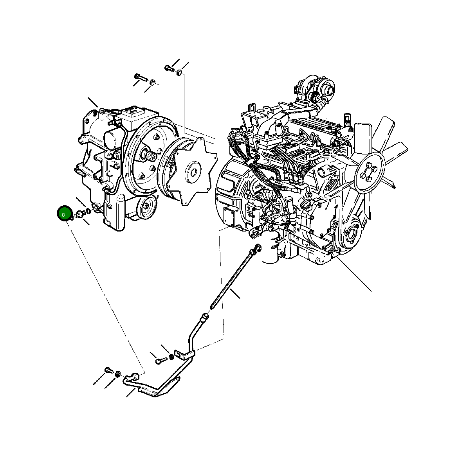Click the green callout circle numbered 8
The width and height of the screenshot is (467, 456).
click(x=63, y=214)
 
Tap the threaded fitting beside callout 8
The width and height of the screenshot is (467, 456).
click(x=81, y=214)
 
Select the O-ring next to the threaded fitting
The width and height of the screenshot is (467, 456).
click(x=88, y=212)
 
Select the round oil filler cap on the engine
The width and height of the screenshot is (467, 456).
click(x=307, y=205)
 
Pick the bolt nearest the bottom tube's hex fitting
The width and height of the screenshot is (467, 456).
click(x=108, y=370)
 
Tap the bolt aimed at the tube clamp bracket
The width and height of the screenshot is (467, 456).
click(x=159, y=360)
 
